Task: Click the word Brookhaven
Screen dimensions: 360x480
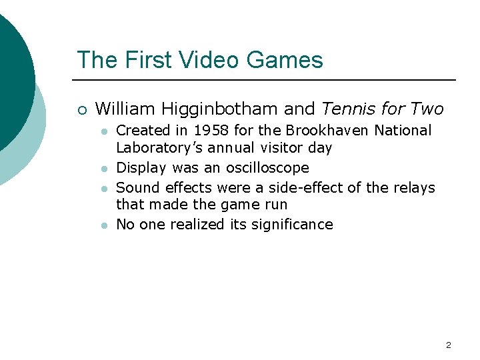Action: point(332,131)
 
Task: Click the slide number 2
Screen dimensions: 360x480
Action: point(448,345)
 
